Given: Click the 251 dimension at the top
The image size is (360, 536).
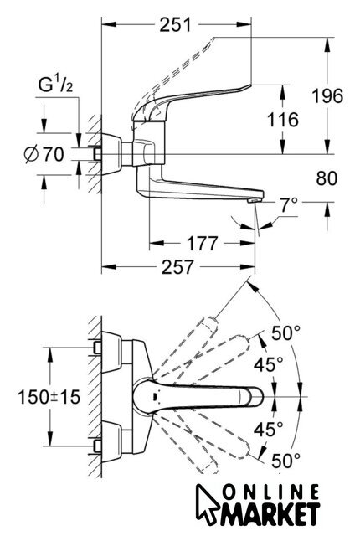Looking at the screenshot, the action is [x=175, y=24].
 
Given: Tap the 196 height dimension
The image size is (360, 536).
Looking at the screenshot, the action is [x=327, y=95].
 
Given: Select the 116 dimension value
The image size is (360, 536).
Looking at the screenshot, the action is [x=282, y=120].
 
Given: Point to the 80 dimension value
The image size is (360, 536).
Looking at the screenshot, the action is [x=327, y=178].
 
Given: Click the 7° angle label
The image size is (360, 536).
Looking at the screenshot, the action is [x=289, y=204].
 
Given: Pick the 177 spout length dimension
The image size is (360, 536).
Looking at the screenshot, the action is [x=202, y=244].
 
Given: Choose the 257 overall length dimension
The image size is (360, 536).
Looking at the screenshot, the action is [x=177, y=267].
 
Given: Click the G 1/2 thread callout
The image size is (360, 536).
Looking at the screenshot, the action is [x=55, y=85].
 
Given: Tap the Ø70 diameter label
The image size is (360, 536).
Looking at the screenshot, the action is [x=44, y=154].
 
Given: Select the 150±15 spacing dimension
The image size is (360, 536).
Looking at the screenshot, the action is [x=49, y=397].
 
